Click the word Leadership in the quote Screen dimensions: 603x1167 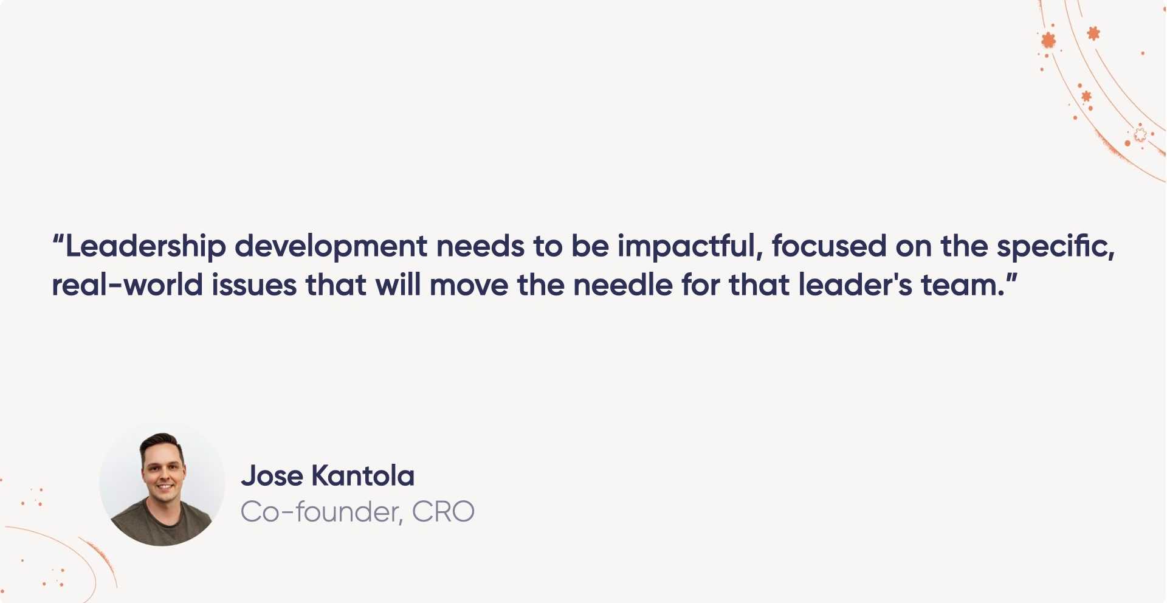pyautogui.click(x=145, y=247)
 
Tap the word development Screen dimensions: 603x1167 pyautogui.click(x=331, y=247)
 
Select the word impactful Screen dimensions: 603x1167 pyautogui.click(x=689, y=247)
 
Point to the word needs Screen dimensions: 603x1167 pyautogui.click(x=480, y=247)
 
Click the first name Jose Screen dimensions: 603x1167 pyautogui.click(x=272, y=476)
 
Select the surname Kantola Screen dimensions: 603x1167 pyautogui.click(x=363, y=476)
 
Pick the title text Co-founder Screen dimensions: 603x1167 pyautogui.click(x=321, y=512)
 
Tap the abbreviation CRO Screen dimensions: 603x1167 pyautogui.click(x=443, y=512)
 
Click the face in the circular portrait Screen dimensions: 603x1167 pyautogui.click(x=163, y=471)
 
